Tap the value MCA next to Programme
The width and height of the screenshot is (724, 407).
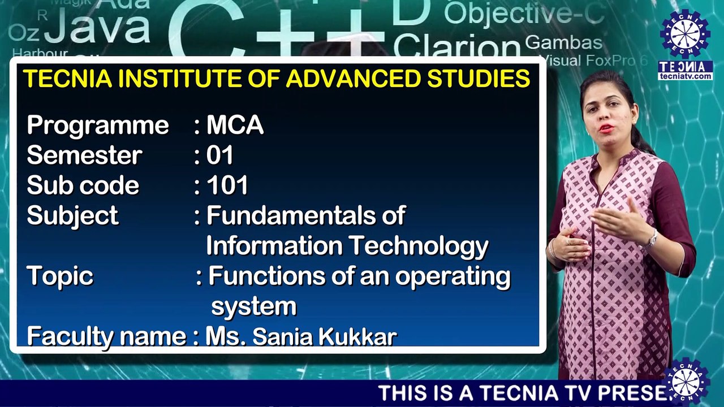pyautogui.click(x=235, y=125)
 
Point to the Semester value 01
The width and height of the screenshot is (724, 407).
pyautogui.click(x=220, y=155)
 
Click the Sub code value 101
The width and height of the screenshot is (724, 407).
pyautogui.click(x=227, y=185)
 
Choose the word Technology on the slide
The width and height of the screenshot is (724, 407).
pyautogui.click(x=417, y=246)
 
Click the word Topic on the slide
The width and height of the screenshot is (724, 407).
pyautogui.click(x=60, y=276)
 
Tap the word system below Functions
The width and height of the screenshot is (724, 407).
pyautogui.click(x=253, y=306)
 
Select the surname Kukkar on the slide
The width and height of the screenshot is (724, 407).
pyautogui.click(x=357, y=337)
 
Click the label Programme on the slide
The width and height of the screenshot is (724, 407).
pyautogui.click(x=98, y=125)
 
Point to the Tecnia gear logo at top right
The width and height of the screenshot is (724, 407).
pyautogui.click(x=685, y=34)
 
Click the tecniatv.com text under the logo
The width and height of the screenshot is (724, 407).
pyautogui.click(x=686, y=76)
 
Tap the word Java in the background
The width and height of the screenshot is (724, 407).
pyautogui.click(x=97, y=29)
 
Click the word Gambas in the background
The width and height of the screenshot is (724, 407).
pyautogui.click(x=563, y=42)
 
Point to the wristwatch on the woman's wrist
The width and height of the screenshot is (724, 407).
pyautogui.click(x=652, y=240)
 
